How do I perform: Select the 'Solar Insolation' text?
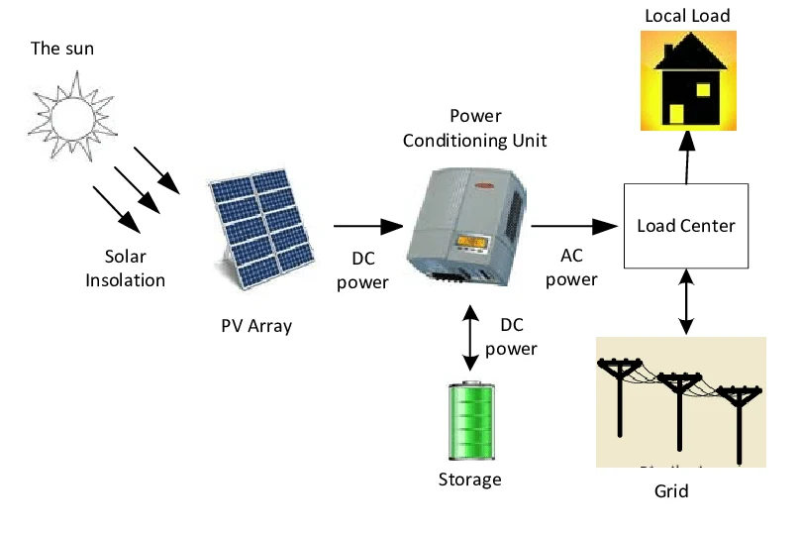[x=125, y=267]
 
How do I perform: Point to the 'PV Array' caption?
[x=256, y=325]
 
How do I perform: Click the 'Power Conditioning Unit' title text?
[x=474, y=129]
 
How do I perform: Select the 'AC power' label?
[x=571, y=267]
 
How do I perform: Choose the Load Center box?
[x=685, y=226]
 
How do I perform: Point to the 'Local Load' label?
[x=687, y=16]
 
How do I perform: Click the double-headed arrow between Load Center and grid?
[x=684, y=303]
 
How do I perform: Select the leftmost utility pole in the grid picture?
[x=620, y=396]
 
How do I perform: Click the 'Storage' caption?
[x=470, y=481]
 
